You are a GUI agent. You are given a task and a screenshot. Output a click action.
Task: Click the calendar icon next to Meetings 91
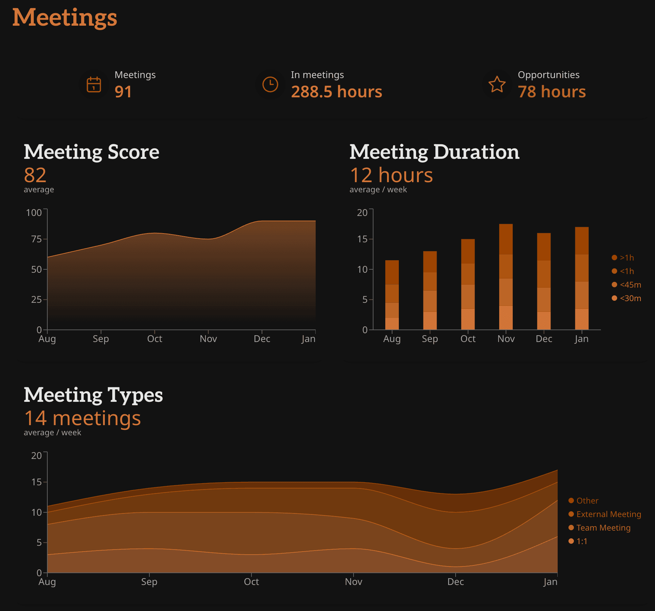tap(94, 84)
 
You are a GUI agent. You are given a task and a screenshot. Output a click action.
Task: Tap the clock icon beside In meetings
tap(270, 84)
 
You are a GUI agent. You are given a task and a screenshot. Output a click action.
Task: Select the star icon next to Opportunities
tap(497, 84)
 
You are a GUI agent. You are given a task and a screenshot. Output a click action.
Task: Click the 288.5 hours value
tap(336, 92)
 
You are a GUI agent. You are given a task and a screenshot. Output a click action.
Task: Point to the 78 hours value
tap(552, 92)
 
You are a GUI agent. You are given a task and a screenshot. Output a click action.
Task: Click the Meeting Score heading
tap(91, 152)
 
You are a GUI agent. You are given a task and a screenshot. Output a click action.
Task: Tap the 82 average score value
tap(35, 175)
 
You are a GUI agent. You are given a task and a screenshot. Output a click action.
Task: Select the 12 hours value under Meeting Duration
tap(391, 175)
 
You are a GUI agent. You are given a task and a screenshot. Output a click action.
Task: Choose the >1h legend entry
tap(626, 258)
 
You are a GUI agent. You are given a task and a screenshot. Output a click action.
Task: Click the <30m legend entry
tap(630, 298)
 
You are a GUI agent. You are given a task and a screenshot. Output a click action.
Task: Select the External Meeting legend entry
tap(608, 514)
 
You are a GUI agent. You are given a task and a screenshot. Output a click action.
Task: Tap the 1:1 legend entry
tap(581, 541)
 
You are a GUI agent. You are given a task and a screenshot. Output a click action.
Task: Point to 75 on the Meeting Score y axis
tap(36, 239)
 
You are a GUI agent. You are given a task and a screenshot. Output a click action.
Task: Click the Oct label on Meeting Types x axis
tap(251, 582)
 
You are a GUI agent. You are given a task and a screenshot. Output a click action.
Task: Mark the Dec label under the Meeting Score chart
tap(262, 339)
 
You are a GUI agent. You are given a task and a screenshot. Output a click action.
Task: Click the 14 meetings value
tap(82, 418)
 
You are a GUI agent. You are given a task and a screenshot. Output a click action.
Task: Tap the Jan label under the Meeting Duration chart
tap(581, 339)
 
